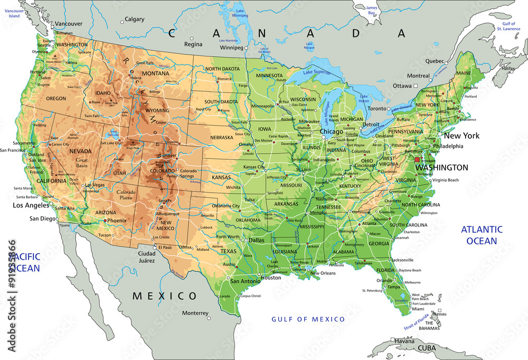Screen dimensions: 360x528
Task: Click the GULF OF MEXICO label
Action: click(308, 319)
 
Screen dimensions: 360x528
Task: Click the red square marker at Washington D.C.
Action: click(417, 159)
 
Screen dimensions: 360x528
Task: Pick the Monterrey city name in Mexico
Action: click(195, 312)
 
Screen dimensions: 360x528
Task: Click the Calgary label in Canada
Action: click(135, 20)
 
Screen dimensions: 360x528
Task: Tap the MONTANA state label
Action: click(155, 73)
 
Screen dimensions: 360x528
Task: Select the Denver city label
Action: click(169, 155)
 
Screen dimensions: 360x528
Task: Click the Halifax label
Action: click(508, 69)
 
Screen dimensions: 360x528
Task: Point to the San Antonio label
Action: click(245, 281)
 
